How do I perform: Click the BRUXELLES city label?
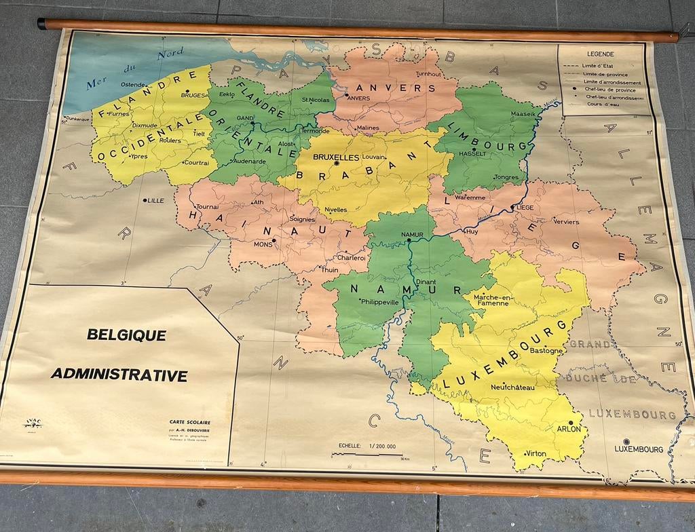(336, 157)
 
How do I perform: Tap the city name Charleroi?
(352, 257)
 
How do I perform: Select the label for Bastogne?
(546, 351)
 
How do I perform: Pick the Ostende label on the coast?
(133, 84)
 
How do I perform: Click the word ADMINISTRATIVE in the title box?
(119, 375)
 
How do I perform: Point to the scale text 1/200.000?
(382, 446)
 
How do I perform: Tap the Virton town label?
(536, 453)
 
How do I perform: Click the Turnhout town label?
(428, 73)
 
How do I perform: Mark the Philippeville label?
(380, 302)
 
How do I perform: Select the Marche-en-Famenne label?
(491, 300)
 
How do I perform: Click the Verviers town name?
(566, 221)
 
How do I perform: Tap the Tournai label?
(207, 206)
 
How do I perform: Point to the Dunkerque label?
(78, 118)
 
